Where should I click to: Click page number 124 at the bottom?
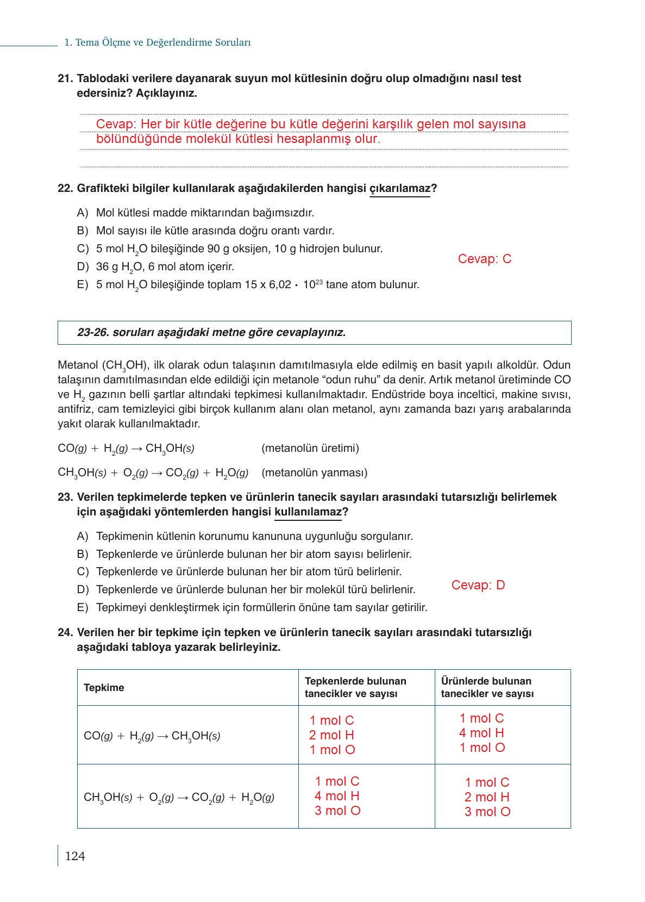coord(75,856)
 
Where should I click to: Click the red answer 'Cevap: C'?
coord(484,259)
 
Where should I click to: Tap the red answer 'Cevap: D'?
coord(478,585)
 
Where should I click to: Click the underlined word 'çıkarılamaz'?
coord(399,189)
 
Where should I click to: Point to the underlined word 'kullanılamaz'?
coord(308,512)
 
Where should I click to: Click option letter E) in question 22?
coord(83,284)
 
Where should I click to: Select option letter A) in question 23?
coord(83,537)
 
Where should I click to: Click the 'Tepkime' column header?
coord(104,688)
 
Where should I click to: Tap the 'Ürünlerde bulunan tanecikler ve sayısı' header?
coord(487,687)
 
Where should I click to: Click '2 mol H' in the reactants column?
coord(331,735)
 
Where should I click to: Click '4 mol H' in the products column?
coord(481,733)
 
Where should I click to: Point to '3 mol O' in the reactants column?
coord(337,811)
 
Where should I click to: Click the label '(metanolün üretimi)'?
coord(310,449)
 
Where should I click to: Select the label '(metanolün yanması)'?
coord(314,472)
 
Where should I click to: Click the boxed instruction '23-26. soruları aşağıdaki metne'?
coord(211,332)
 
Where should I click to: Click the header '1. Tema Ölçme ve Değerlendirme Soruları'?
coord(157,42)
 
